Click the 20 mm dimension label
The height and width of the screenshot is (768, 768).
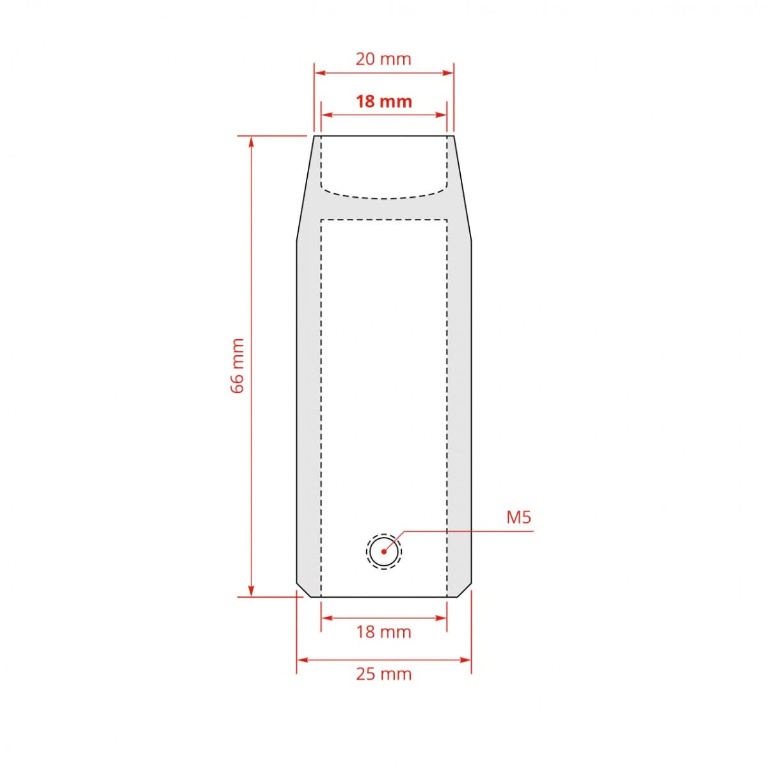tap(383, 60)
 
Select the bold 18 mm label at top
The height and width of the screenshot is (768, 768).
tap(383, 102)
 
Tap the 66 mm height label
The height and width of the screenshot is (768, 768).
tap(237, 366)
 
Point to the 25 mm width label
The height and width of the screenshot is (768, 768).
tap(383, 674)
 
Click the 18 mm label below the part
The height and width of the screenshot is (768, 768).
tap(383, 632)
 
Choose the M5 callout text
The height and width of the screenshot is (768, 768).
tap(518, 517)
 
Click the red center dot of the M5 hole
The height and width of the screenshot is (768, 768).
tap(384, 551)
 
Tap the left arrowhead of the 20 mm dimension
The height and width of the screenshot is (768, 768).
tap(318, 73)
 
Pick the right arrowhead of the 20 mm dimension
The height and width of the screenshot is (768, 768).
tap(449, 73)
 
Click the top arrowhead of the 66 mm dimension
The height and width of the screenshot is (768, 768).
tap(252, 141)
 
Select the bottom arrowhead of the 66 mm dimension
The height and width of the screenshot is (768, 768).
tap(252, 591)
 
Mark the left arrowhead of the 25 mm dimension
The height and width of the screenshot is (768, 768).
tap(301, 659)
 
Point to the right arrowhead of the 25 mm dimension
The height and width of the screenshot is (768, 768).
tap(467, 659)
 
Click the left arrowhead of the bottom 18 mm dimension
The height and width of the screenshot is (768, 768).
tap(325, 618)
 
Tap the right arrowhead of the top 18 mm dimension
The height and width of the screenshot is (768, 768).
tap(442, 115)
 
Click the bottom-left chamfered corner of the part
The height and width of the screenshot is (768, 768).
tap(303, 590)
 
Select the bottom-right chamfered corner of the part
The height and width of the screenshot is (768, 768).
tap(465, 590)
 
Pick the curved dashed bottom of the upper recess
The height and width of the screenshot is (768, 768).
tap(384, 197)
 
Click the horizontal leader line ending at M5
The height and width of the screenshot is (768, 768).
tap(467, 531)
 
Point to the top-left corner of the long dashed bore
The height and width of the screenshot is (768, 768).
tap(321, 220)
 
